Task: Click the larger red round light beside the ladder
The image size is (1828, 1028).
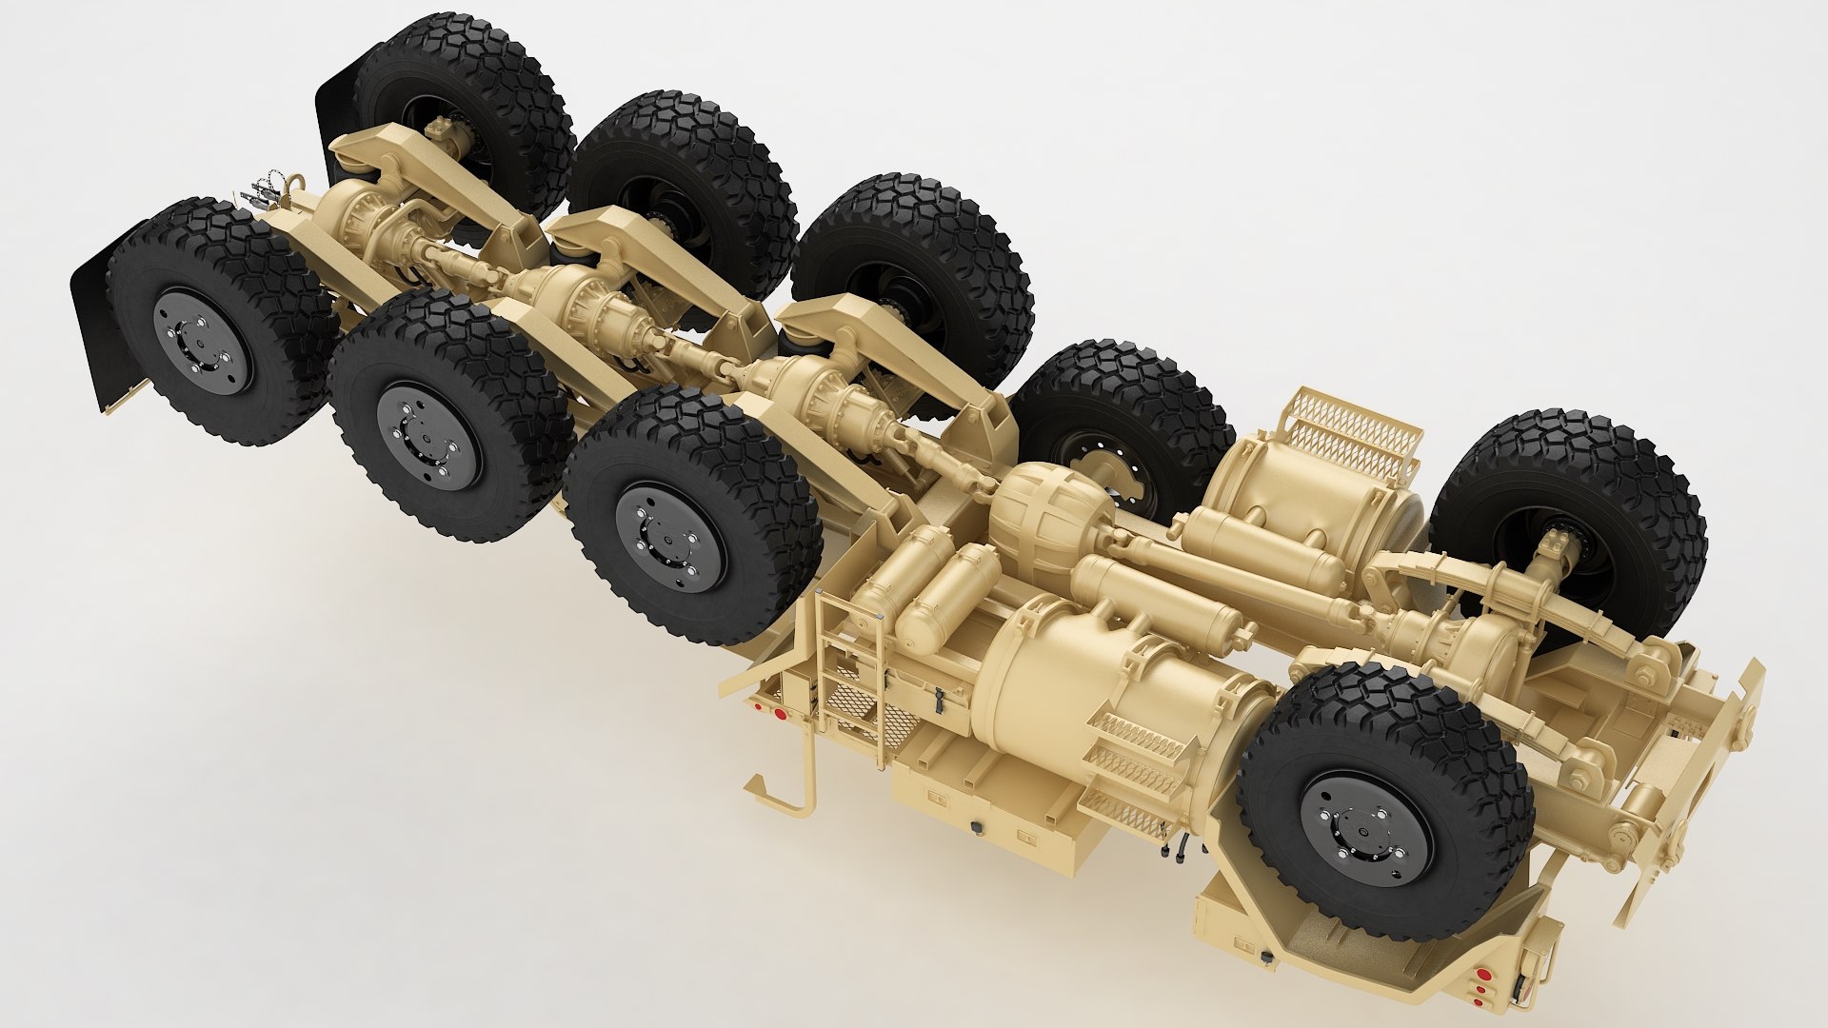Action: pyautogui.click(x=779, y=713)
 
